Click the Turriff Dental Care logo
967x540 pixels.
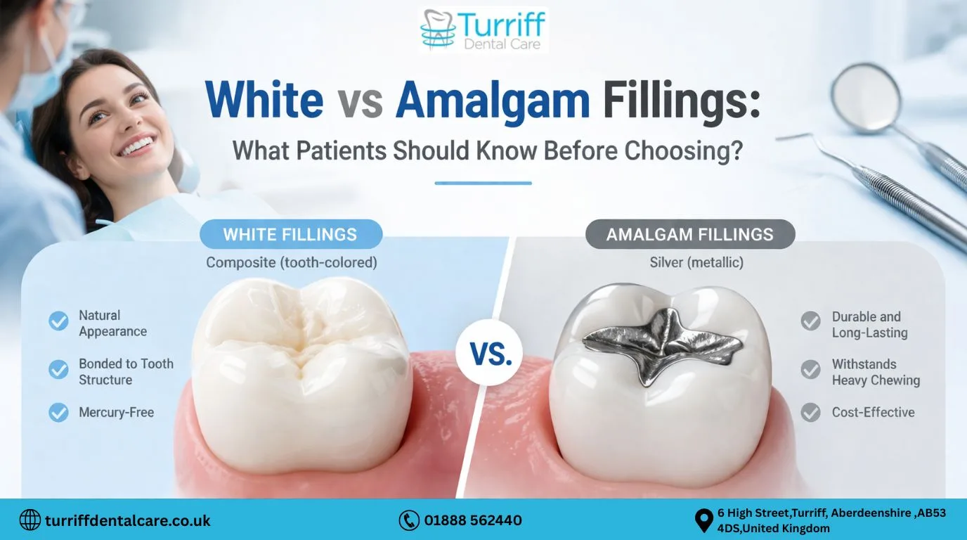point(483,30)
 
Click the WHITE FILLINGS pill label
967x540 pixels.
point(290,234)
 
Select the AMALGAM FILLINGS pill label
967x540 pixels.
point(689,234)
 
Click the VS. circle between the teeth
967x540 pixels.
point(491,354)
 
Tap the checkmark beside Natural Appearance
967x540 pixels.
point(58,321)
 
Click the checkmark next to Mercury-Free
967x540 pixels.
point(58,412)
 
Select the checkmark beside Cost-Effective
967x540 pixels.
point(810,412)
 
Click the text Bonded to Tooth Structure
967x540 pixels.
point(125,372)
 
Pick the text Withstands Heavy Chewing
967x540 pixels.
point(875,372)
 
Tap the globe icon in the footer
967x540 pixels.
point(30,520)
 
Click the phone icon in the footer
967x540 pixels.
point(408,520)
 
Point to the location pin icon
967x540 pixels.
point(703,520)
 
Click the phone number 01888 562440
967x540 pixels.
point(472,520)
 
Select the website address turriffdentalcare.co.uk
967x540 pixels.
point(127,521)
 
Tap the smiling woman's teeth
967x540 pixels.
point(137,146)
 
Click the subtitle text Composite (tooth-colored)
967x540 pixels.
point(291,262)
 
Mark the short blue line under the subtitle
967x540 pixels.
point(483,183)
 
